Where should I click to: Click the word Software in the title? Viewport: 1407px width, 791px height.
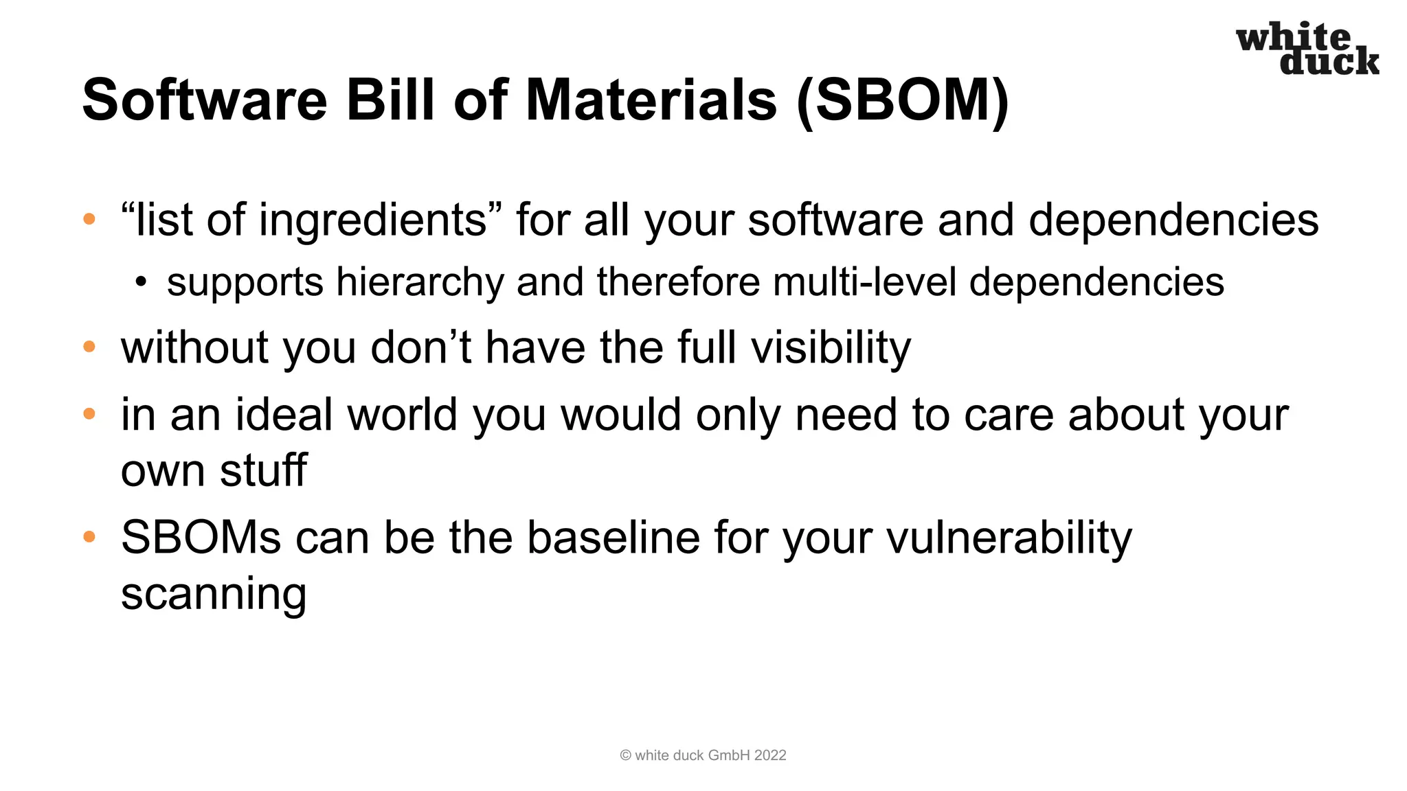[204, 100]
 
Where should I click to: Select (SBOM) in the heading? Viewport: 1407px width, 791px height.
[902, 100]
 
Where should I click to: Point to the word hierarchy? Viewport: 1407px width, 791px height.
[420, 283]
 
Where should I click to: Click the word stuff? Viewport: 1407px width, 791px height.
[263, 470]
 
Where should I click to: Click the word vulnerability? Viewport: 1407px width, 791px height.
[1009, 538]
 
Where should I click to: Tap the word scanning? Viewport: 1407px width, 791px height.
[214, 595]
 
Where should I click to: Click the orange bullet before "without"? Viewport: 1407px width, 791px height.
[89, 347]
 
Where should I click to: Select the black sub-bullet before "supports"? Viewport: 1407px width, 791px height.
[141, 282]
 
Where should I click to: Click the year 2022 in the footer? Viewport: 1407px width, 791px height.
[769, 755]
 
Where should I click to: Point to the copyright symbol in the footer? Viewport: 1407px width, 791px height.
[625, 755]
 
